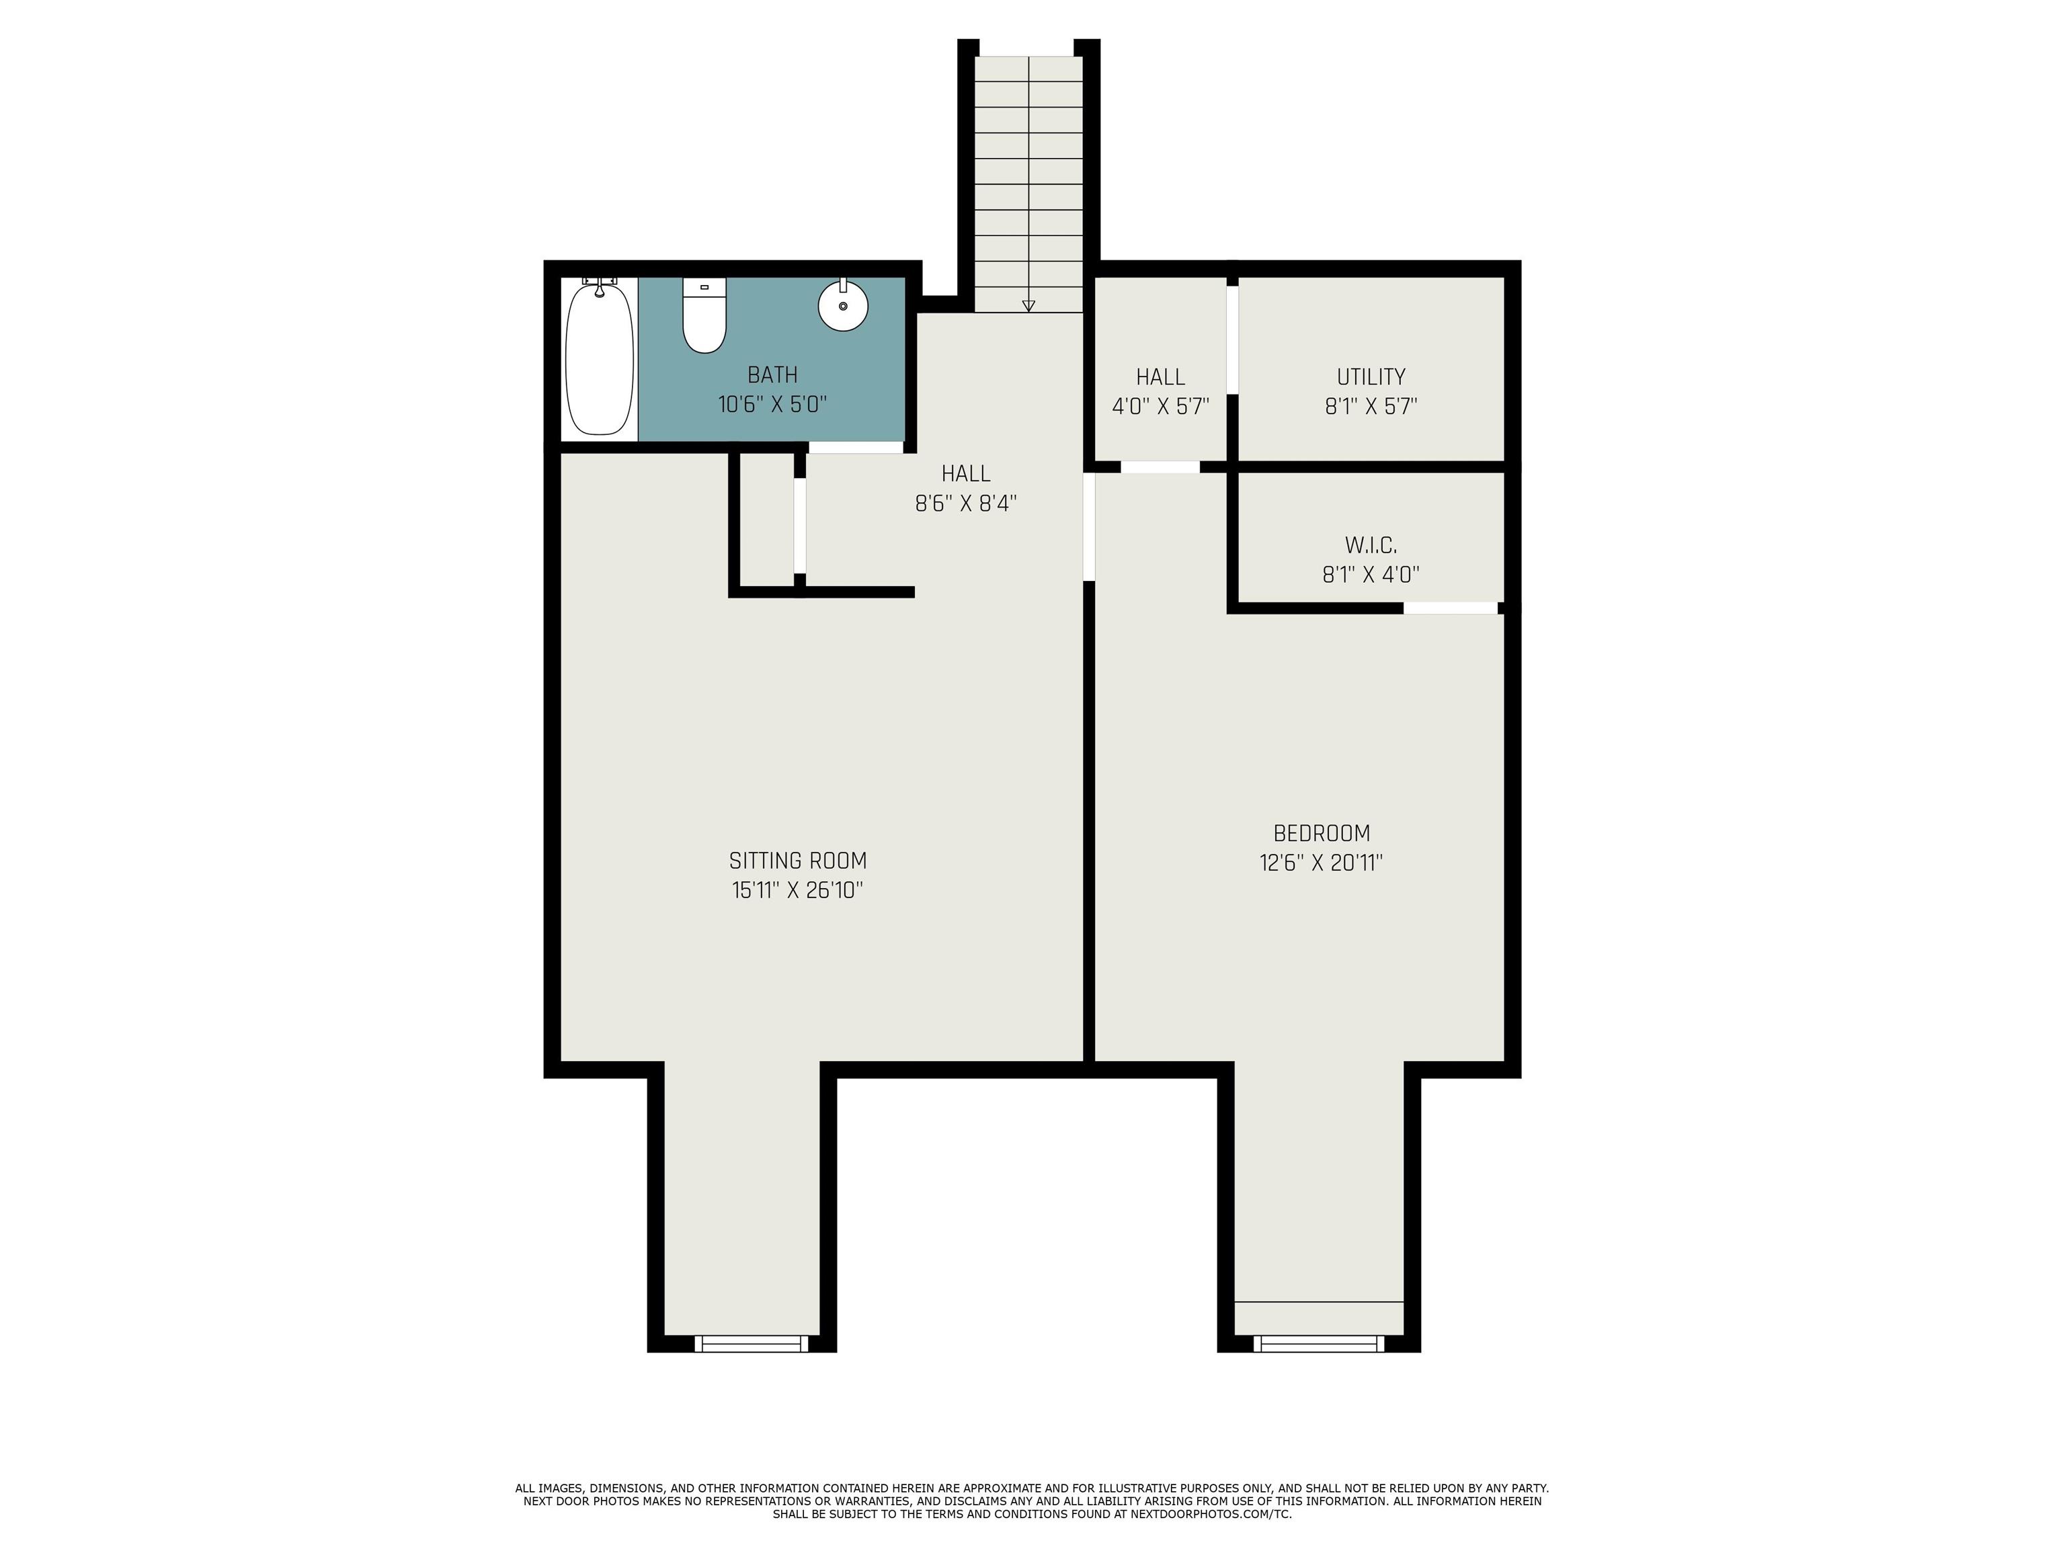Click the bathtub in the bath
click(600, 360)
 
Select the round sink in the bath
click(843, 305)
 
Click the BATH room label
click(772, 374)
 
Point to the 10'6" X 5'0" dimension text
click(772, 404)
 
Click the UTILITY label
click(1371, 376)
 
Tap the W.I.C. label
click(1371, 545)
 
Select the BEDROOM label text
click(1321, 833)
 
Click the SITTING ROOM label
click(797, 860)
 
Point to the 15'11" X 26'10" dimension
click(797, 890)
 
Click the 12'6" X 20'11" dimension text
click(1321, 863)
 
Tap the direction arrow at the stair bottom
click(1028, 305)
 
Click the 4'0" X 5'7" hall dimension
click(1160, 406)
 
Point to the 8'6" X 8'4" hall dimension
click(965, 504)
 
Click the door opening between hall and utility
click(1232, 339)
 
